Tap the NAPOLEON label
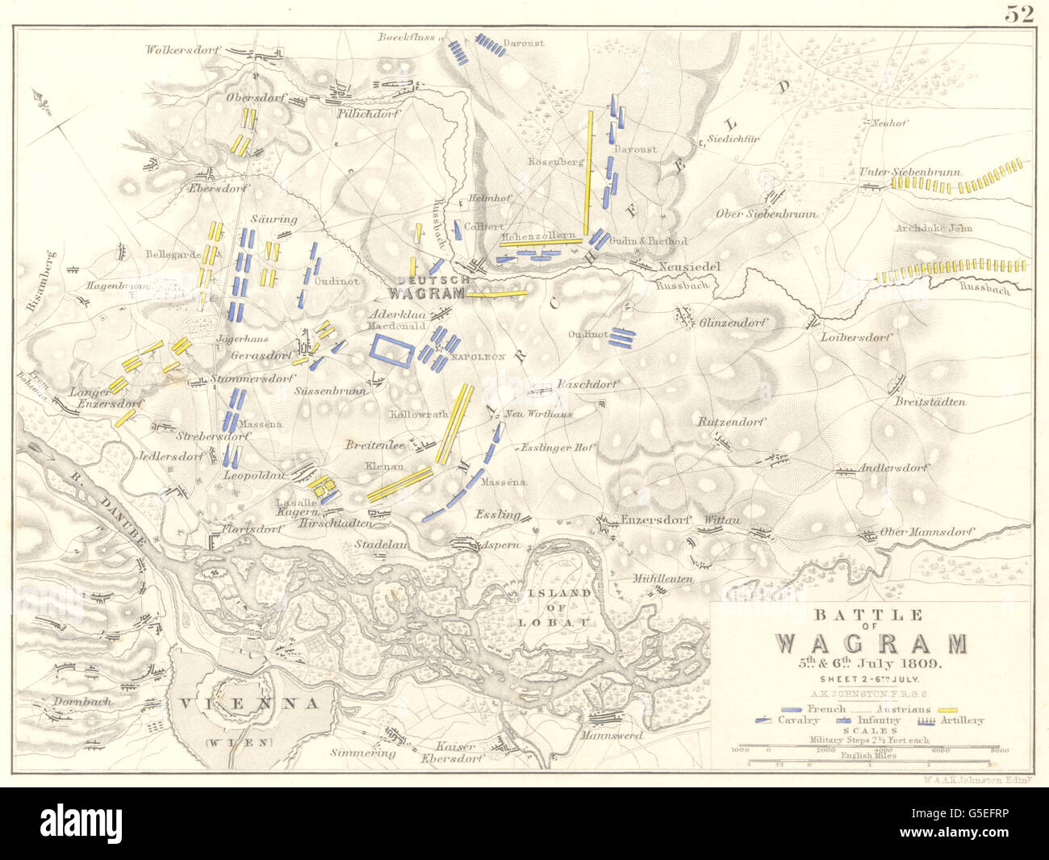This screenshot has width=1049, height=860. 478,355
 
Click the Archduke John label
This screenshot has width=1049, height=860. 930,228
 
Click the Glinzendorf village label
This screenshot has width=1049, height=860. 733,321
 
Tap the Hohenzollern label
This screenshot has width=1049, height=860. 537,236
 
